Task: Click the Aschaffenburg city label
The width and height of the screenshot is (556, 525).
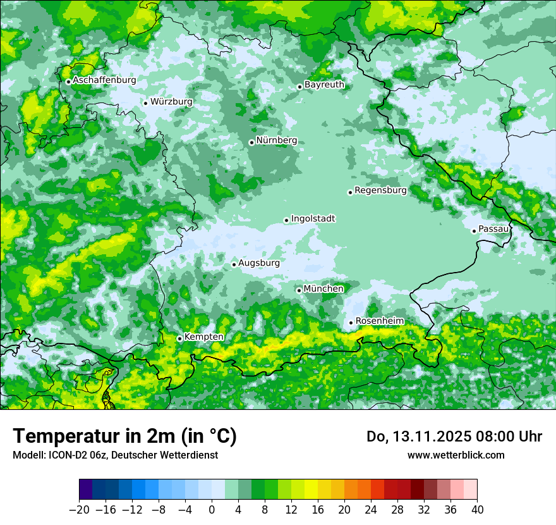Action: [x=104, y=80]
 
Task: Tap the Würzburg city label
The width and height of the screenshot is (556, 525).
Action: [x=171, y=102]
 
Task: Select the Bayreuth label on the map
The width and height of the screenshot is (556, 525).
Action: [x=324, y=84]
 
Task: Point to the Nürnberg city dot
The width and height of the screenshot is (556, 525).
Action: [x=251, y=142]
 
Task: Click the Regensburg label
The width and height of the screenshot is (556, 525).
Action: [x=380, y=190]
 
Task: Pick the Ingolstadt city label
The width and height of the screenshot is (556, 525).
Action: [x=313, y=219]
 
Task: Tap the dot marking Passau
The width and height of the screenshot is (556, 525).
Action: [x=474, y=231]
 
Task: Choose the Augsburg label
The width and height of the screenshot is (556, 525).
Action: [x=258, y=263]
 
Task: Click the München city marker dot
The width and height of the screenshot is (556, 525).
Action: [x=299, y=290]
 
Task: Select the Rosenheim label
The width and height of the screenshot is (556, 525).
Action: [x=379, y=321]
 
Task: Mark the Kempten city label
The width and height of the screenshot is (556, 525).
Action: [x=203, y=337]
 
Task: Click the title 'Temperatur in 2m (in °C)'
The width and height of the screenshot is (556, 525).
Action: [x=125, y=436]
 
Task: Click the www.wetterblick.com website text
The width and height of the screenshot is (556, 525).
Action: [x=456, y=455]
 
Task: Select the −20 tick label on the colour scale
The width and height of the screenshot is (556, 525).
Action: [x=78, y=509]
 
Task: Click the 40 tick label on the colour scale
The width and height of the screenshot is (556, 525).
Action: [x=477, y=509]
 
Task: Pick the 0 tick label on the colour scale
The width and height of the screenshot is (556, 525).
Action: [x=212, y=509]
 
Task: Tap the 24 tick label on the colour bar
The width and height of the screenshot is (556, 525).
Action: [x=371, y=509]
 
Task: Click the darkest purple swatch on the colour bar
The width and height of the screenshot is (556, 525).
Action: [x=85, y=490]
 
